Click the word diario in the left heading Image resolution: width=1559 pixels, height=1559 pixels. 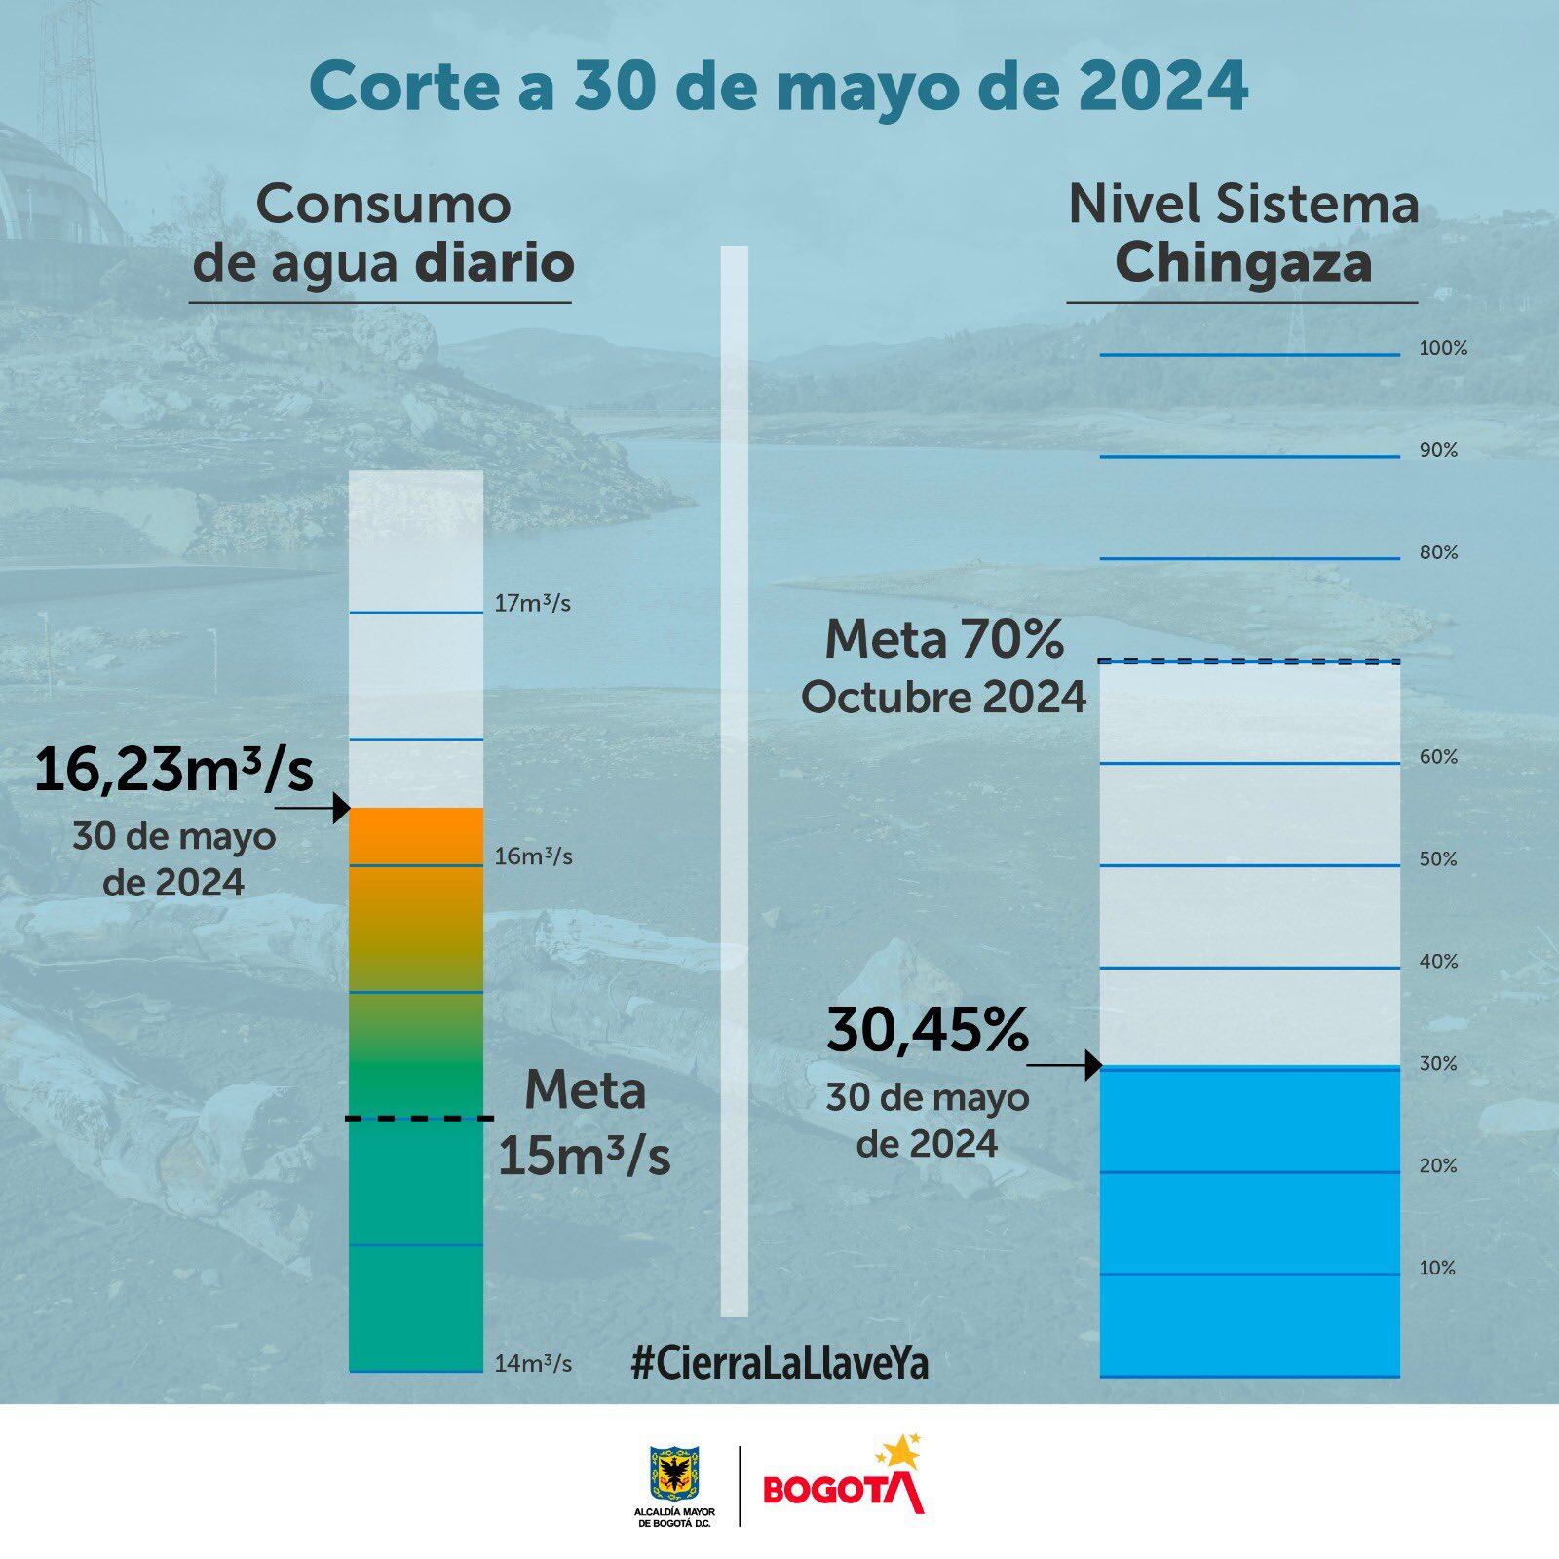pos(494,265)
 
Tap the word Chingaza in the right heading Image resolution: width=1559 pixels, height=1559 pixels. pos(1243,265)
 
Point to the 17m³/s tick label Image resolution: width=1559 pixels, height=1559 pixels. pos(532,603)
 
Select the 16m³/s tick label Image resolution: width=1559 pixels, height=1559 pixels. pos(532,856)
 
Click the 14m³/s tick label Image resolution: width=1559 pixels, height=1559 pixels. pos(532,1364)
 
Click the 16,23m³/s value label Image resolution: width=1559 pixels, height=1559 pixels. pos(173,772)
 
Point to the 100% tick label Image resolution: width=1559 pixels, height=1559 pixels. pos(1442,348)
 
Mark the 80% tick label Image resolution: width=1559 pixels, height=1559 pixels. pos(1438,552)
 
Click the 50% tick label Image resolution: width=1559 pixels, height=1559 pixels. pos(1438,859)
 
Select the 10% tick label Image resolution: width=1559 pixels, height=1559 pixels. pos(1438,1268)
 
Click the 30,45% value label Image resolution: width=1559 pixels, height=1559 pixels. pos(928,1031)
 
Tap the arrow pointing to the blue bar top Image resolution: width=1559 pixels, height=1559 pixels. pos(1064,1066)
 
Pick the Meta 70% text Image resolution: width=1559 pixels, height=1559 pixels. pos(943,640)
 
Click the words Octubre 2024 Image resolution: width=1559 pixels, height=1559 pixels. pos(943,698)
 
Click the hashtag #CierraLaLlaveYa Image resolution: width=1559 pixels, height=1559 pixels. pos(779,1363)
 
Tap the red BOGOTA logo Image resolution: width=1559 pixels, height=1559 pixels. pos(844,1486)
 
